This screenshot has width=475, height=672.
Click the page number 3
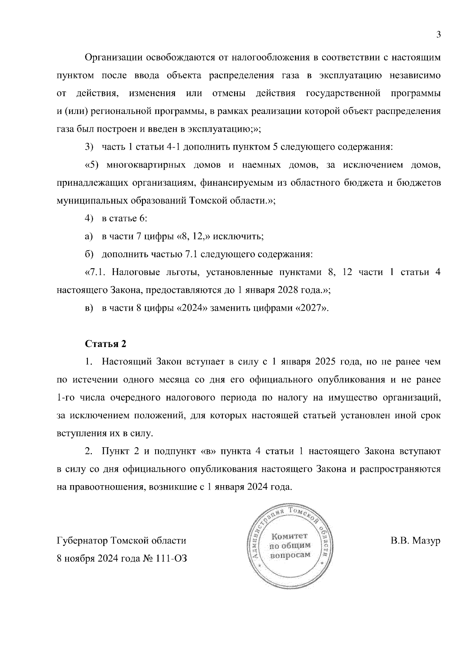438,34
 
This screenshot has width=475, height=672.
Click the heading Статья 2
106,344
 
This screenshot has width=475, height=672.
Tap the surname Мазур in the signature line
427,541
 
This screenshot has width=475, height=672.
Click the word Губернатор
82,541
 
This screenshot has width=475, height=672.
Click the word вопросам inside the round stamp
290,555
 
